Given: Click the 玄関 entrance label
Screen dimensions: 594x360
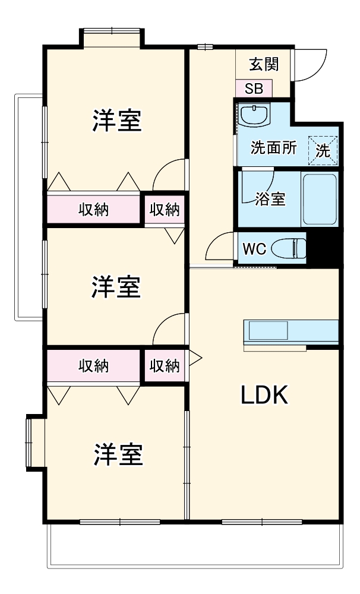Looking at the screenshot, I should [x=264, y=64].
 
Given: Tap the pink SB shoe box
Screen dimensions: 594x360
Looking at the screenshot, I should [x=254, y=89].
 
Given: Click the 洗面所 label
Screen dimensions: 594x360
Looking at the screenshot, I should [x=273, y=148].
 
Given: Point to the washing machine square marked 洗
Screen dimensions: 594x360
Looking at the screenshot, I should [x=323, y=150].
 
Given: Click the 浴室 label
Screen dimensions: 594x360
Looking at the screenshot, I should [x=270, y=199].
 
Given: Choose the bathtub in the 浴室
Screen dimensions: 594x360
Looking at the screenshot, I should [x=320, y=199].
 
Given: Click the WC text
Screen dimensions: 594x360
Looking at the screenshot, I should [x=254, y=248].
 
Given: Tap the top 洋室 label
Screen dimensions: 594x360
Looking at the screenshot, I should [x=116, y=121].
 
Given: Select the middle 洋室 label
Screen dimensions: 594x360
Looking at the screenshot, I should [x=116, y=287].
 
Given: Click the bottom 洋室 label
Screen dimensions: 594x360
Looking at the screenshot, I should [x=116, y=455].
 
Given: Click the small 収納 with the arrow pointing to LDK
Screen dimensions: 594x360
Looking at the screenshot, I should [x=164, y=366].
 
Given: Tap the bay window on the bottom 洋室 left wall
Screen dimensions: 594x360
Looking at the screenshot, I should [x=34, y=444].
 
